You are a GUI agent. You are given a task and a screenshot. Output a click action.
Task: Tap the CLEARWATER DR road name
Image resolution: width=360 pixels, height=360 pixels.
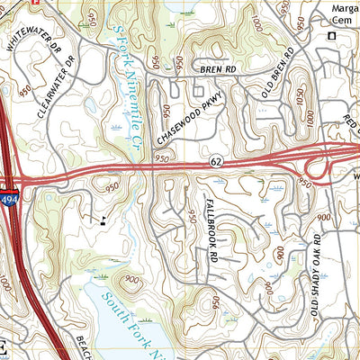[55, 89]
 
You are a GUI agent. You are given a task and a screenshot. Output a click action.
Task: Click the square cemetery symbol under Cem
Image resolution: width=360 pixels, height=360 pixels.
[331, 36]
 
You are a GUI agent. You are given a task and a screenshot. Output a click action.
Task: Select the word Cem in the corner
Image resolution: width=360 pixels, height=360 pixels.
[341, 20]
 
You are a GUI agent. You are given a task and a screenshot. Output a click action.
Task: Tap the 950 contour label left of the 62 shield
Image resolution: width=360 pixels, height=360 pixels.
[161, 158]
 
